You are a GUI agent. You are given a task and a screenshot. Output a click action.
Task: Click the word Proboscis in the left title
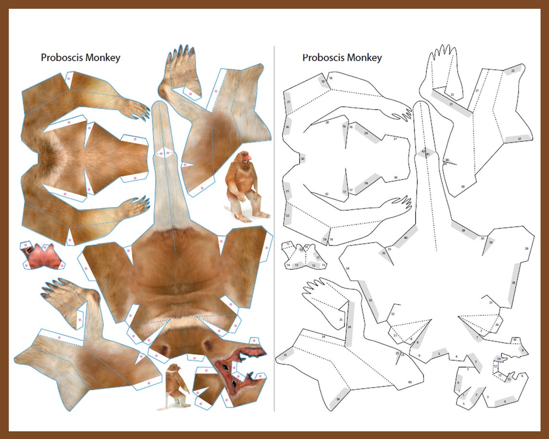click(x=62, y=58)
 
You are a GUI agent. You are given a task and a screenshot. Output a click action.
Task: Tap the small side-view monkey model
click(x=176, y=386)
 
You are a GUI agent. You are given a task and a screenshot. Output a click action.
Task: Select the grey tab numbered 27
click(x=288, y=103)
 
